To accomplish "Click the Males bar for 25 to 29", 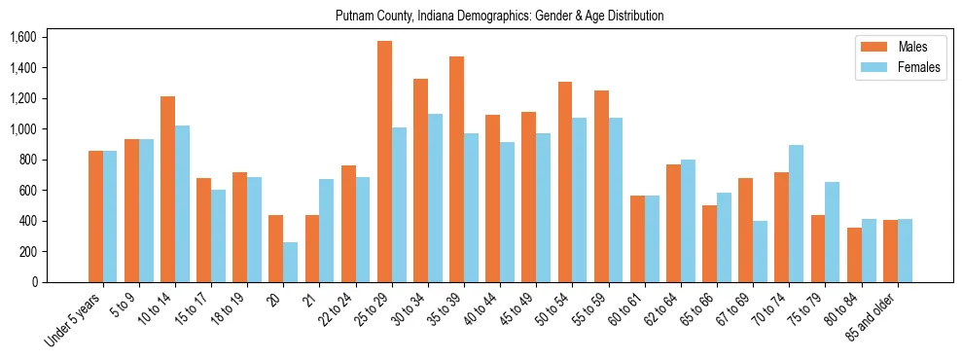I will [384, 162].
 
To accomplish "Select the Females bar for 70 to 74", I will [796, 213].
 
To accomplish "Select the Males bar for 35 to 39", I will [456, 169].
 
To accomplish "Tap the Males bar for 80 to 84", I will [854, 255].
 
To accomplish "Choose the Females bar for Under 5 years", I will [110, 216].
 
